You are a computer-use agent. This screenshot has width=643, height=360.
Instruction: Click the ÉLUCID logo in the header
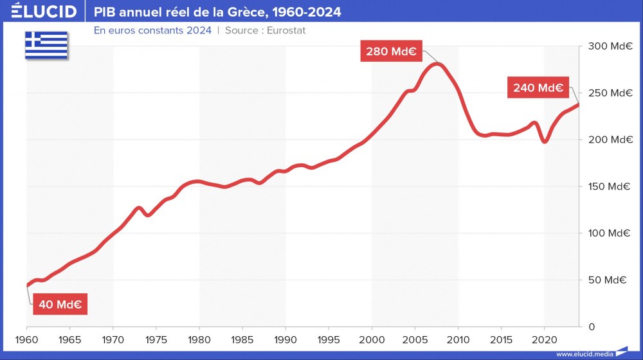[x=40, y=12]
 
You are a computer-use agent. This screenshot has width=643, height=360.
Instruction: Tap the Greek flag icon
[x=46, y=44]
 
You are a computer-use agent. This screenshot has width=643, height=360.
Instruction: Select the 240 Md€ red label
[x=538, y=87]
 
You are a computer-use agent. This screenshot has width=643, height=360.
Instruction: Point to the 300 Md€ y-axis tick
[x=607, y=46]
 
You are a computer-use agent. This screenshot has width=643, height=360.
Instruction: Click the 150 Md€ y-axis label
[x=607, y=186]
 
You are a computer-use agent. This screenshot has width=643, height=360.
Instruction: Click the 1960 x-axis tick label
[x=27, y=339]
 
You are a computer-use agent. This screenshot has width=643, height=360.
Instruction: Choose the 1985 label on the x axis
[x=242, y=339]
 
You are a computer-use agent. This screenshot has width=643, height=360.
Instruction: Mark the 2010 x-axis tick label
[x=458, y=339]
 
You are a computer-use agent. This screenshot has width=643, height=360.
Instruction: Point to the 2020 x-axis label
[x=544, y=339]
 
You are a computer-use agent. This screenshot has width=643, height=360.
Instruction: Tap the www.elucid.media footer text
[x=584, y=354]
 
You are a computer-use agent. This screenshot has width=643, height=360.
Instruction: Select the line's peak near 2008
[x=437, y=64]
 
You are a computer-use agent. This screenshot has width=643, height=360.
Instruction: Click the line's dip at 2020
[x=545, y=141]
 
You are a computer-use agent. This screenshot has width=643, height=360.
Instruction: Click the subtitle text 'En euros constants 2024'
[x=152, y=30]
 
